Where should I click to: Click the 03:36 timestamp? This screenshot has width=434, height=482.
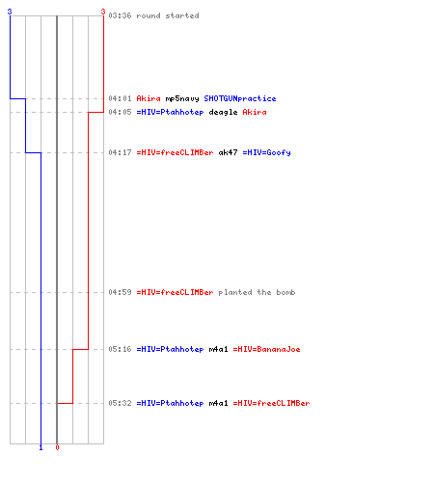(120, 15)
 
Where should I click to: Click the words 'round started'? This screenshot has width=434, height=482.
(168, 15)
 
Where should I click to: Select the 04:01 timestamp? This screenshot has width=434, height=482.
(120, 98)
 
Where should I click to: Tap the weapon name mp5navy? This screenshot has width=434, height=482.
(182, 98)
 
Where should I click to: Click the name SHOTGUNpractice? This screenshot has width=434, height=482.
(240, 98)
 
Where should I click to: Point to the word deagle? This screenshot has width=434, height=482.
(223, 112)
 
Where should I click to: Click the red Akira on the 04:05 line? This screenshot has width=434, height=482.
(255, 112)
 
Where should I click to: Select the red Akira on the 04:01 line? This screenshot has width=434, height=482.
(149, 98)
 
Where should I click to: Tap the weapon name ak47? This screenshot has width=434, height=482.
(228, 152)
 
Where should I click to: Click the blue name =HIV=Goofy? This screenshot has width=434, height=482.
(266, 152)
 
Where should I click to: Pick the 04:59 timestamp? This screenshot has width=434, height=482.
(120, 292)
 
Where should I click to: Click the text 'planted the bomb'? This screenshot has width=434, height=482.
(257, 292)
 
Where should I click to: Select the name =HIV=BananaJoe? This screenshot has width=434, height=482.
(266, 349)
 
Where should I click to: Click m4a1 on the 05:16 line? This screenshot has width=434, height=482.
(218, 349)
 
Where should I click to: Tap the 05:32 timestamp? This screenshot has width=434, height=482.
(120, 403)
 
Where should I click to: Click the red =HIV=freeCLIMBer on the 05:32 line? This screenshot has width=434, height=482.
(271, 403)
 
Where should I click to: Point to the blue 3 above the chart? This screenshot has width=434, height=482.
(10, 12)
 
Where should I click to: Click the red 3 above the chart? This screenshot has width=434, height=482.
(103, 12)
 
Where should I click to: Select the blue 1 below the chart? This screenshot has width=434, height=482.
(41, 447)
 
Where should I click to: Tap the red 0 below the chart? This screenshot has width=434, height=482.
(57, 447)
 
